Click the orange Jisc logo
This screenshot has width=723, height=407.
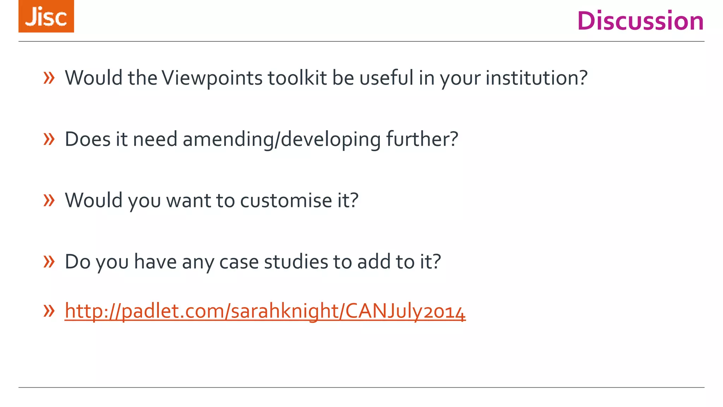pyautogui.click(x=46, y=16)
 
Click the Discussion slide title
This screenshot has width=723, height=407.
pyautogui.click(x=640, y=21)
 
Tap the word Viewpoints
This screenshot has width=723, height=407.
pyautogui.click(x=212, y=78)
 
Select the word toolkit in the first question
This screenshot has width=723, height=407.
pyautogui.click(x=297, y=78)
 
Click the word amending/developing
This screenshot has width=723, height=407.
pyautogui.click(x=281, y=139)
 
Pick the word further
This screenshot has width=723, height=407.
pyautogui.click(x=422, y=139)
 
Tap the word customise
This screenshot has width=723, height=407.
pyautogui.click(x=286, y=200)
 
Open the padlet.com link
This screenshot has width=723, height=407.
pyautogui.click(x=265, y=311)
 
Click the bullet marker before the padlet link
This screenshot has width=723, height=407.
pyautogui.click(x=49, y=311)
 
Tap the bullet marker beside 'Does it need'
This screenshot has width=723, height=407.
pyautogui.click(x=49, y=139)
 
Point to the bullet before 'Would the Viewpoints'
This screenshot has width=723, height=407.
pyautogui.click(x=49, y=78)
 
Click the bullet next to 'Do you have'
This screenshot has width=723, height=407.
pyautogui.click(x=49, y=262)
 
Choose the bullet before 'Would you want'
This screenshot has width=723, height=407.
pyautogui.click(x=49, y=200)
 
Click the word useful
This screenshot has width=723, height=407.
pyautogui.click(x=386, y=78)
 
